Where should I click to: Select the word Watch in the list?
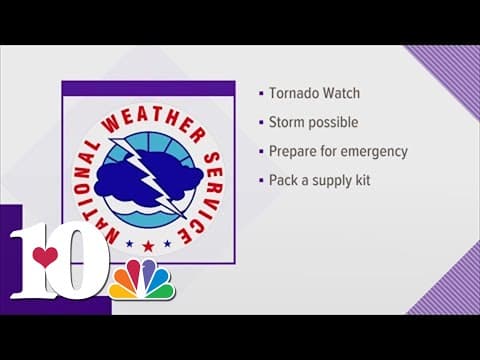point(336,92)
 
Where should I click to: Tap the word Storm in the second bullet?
point(287,122)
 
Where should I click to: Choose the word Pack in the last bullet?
point(283,182)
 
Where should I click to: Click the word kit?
point(366,182)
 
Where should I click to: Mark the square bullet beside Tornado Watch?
point(259,92)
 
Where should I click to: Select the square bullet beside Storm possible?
point(259,122)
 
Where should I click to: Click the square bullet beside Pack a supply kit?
point(259,182)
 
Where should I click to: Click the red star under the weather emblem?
point(148,244)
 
